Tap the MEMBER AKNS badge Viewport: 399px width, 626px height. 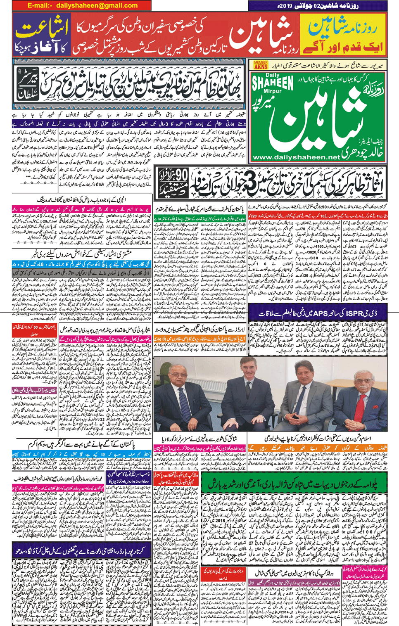(x=261, y=65)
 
